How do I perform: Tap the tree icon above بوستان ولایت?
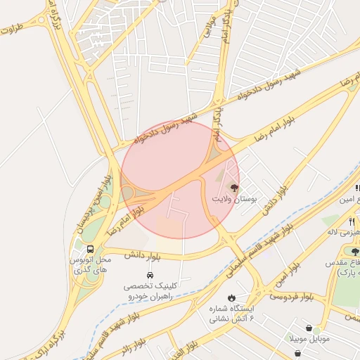coord(234,188)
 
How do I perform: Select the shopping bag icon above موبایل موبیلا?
coord(310,327)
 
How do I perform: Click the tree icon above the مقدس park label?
coord(354,251)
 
